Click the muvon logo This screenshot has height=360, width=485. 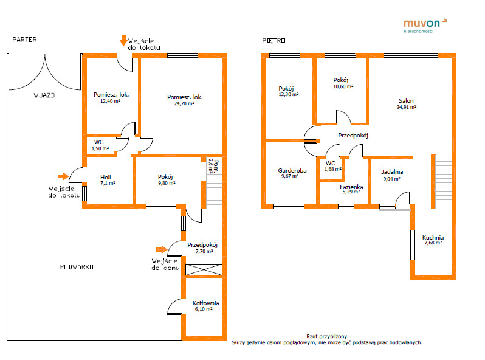425,25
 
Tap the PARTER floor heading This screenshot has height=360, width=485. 24,40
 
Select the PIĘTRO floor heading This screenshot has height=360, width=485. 273,41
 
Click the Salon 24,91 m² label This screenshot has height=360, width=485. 406,104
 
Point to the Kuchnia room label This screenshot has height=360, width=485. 433,237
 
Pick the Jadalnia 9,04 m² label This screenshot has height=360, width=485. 392,175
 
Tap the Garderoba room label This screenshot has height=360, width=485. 292,170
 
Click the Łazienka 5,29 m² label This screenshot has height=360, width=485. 351,189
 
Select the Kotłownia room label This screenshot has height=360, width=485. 205,303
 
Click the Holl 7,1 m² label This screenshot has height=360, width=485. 108,180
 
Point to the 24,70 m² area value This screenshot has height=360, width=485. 184,104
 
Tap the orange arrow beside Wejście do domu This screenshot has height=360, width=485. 162,249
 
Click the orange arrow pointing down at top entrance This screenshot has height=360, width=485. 123,41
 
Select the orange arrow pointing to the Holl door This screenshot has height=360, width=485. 63,176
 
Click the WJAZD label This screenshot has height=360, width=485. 44,95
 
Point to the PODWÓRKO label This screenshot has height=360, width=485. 77,267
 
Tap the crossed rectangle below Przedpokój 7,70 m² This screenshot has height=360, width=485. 204,269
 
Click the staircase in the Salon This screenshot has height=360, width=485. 443,182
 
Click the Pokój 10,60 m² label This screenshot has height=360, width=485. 343,83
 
